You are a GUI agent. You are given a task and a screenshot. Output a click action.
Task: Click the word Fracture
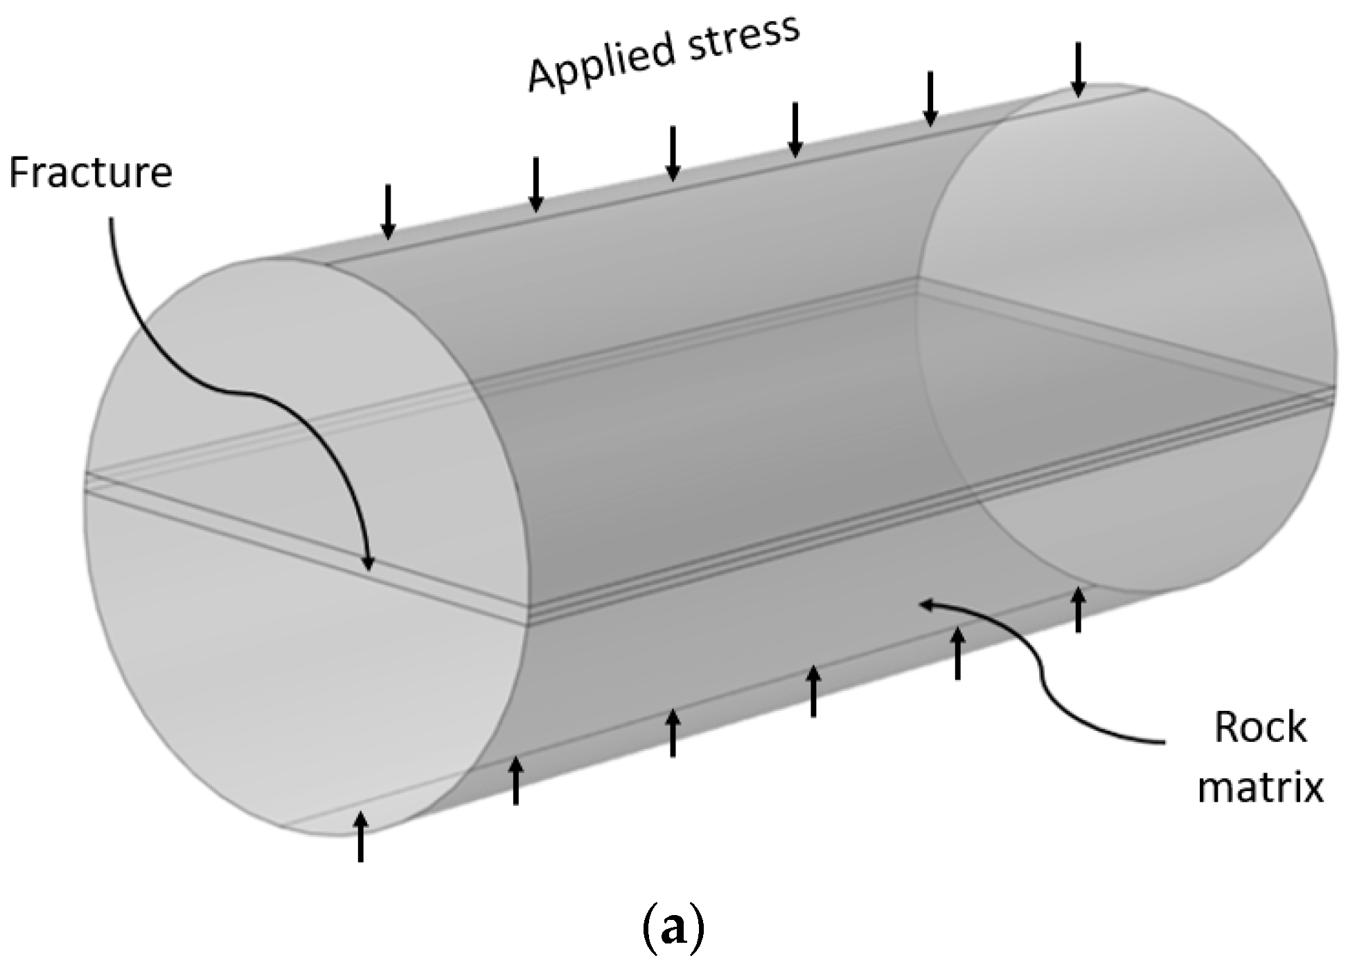click(90, 172)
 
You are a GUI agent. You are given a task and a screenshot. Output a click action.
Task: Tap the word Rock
click(1260, 727)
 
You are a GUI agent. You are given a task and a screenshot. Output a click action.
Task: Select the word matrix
click(1260, 788)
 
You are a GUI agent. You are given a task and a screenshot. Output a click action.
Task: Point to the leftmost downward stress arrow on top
click(389, 211)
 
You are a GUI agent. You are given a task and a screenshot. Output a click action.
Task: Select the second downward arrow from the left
click(535, 183)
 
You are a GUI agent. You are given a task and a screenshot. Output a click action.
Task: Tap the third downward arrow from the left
click(672, 153)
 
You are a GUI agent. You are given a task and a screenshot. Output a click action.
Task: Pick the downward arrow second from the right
click(931, 98)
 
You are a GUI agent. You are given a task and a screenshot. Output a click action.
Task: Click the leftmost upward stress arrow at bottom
click(360, 837)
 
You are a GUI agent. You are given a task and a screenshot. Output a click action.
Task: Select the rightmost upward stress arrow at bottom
click(1077, 609)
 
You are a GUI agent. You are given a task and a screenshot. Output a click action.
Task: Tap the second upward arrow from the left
click(515, 781)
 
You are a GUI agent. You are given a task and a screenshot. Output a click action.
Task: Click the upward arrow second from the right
click(957, 653)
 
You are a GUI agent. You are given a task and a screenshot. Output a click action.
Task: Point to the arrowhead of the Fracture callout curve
click(369, 564)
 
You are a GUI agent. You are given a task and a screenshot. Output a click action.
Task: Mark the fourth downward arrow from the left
click(795, 129)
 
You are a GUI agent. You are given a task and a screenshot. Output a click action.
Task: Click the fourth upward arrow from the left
click(814, 691)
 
